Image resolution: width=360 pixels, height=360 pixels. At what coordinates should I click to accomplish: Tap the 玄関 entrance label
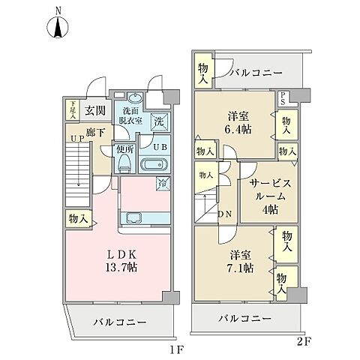(x=94, y=111)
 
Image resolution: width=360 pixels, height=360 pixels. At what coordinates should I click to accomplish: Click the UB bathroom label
(x=160, y=148)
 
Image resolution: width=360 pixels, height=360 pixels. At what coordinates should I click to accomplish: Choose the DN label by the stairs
(x=223, y=213)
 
